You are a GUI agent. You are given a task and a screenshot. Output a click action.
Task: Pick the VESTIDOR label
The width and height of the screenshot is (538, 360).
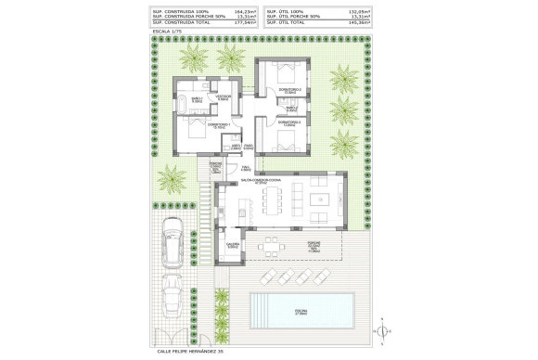pyautogui.click(x=224, y=96)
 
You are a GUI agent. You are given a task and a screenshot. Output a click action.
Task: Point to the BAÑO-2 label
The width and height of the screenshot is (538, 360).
pyautogui.click(x=290, y=107)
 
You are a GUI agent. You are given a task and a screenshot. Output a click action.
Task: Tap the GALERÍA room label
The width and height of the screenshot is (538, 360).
pyautogui.click(x=233, y=246)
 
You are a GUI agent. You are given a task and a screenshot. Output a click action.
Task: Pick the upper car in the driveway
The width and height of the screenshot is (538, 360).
pyautogui.click(x=172, y=247)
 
